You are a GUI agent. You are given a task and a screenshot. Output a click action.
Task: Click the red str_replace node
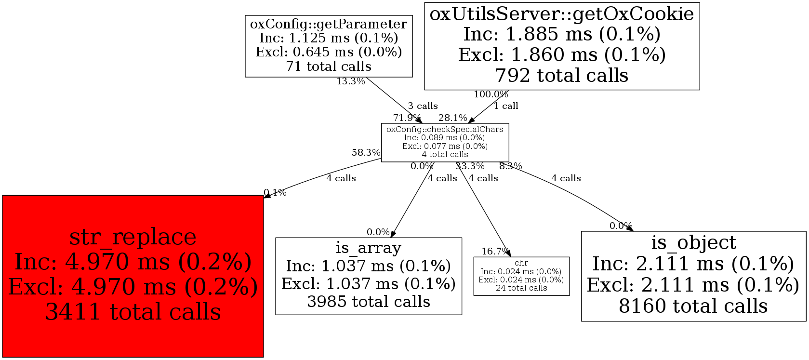133,276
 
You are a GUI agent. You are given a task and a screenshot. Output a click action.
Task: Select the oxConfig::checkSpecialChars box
445,142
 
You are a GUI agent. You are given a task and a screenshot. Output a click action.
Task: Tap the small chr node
521,276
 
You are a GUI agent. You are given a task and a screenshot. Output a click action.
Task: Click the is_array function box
369,276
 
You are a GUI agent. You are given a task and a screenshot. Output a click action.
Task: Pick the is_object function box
693,276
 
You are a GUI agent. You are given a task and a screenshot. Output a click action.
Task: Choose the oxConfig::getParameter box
329,46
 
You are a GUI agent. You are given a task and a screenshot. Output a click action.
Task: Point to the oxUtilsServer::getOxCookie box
562,46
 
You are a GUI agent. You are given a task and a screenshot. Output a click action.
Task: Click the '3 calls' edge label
423,106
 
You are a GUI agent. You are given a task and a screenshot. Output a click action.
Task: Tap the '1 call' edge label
506,106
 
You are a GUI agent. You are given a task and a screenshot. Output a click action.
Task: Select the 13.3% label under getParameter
350,81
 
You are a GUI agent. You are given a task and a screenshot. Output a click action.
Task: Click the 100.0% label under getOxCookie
491,94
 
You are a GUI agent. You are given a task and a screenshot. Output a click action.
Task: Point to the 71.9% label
407,118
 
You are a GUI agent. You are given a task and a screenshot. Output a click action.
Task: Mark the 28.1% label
452,118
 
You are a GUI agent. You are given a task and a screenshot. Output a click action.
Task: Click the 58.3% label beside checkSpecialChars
366,153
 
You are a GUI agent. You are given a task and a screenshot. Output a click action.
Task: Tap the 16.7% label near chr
495,251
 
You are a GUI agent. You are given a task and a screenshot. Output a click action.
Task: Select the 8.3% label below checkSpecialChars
510,166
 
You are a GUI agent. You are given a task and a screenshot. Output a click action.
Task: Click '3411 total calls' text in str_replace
133,312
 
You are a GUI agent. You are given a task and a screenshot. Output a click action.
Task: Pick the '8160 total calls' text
693,306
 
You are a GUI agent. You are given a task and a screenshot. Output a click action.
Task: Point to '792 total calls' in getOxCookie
562,76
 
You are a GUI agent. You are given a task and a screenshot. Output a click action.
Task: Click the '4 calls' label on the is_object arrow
566,178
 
